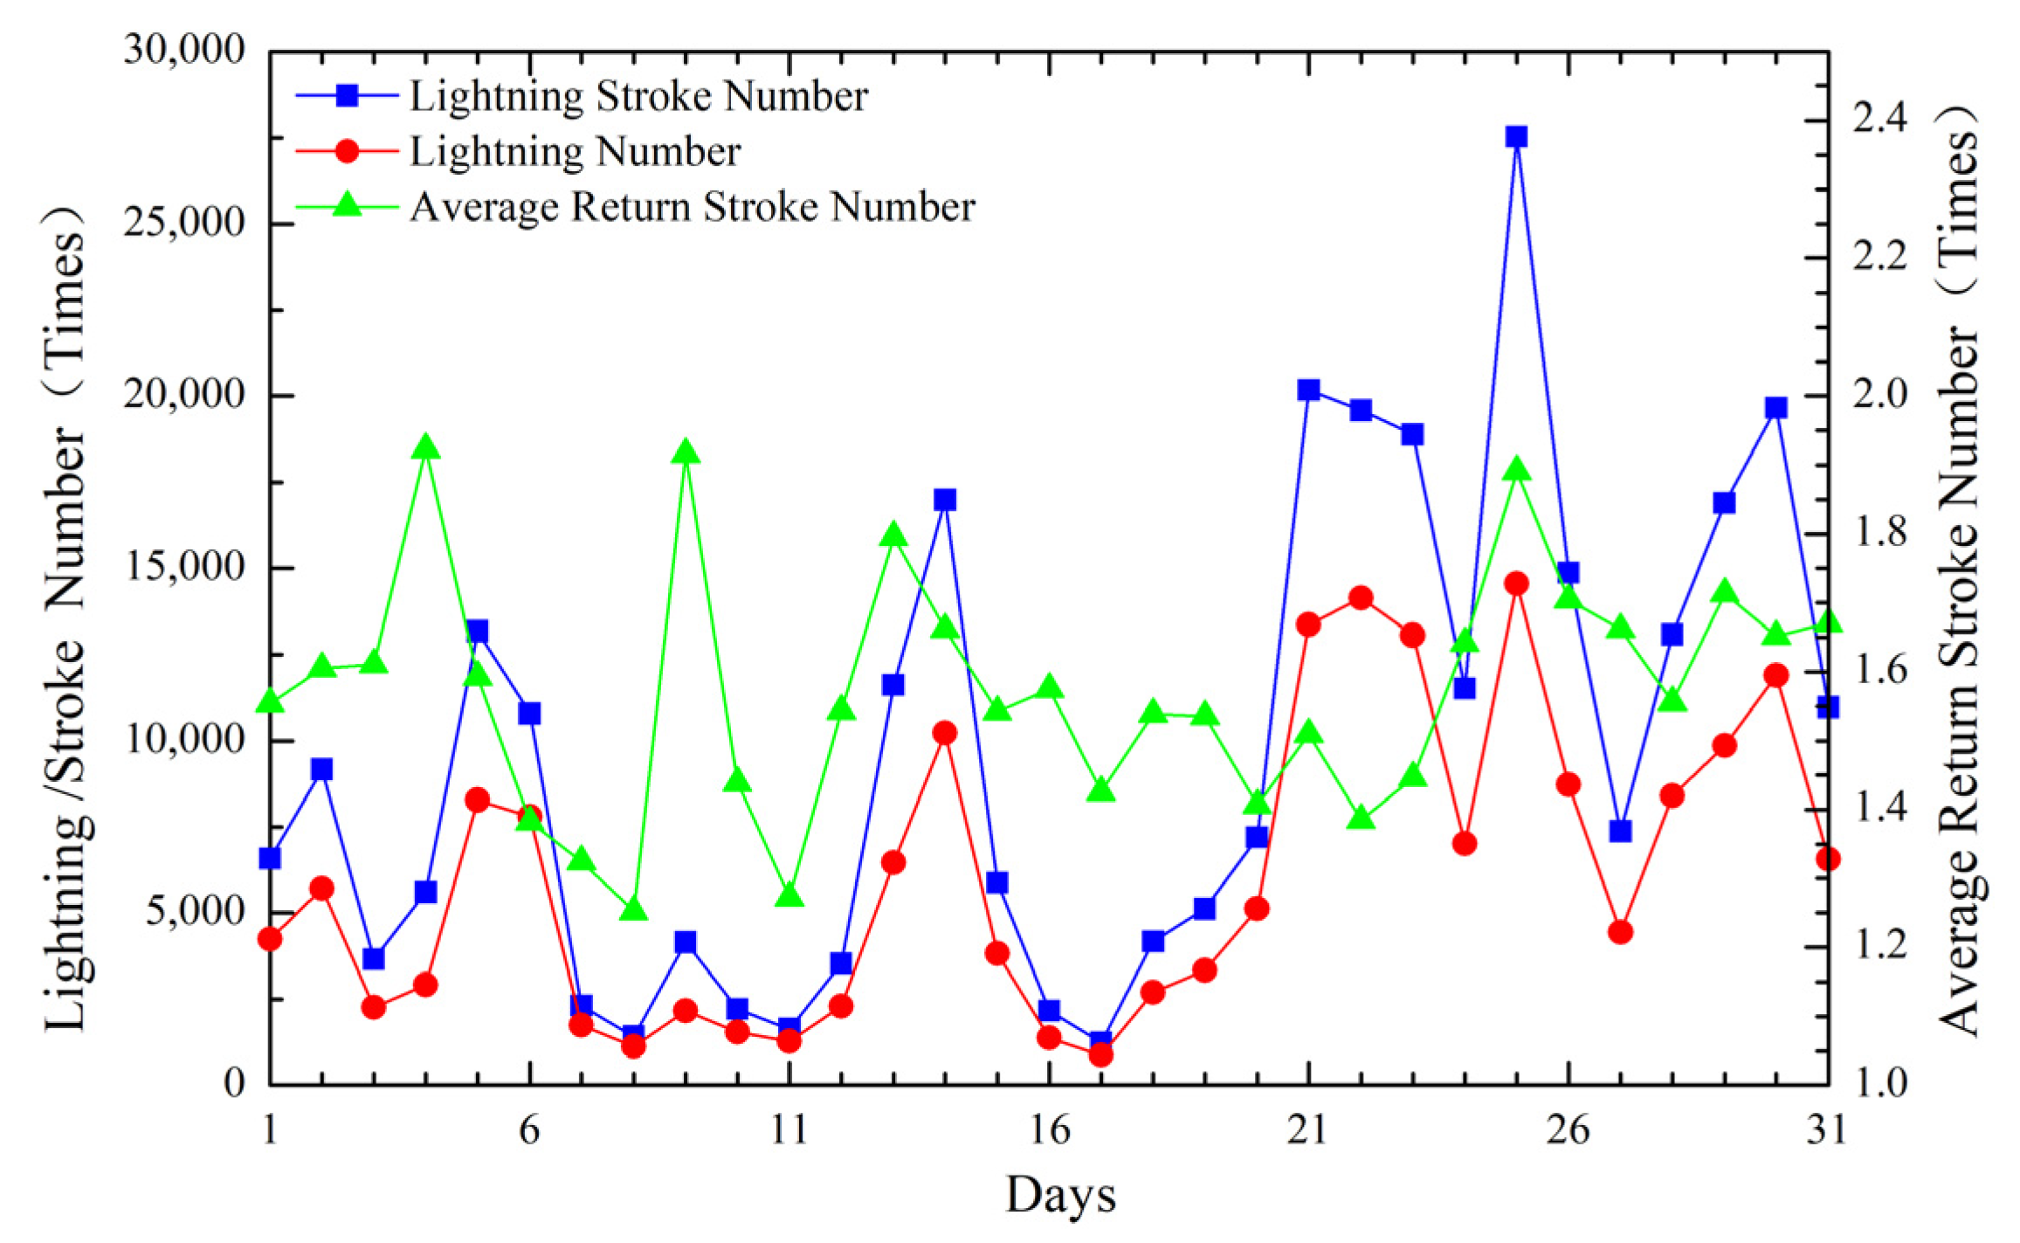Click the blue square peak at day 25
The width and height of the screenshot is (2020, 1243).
(1516, 137)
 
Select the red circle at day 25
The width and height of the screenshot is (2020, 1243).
(1516, 584)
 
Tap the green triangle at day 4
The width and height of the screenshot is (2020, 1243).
(425, 447)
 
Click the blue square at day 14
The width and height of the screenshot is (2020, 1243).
(945, 500)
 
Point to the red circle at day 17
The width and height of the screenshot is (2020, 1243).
(1101, 1055)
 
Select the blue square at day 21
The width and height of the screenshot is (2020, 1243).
(1308, 390)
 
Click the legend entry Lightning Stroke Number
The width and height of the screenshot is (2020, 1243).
(638, 96)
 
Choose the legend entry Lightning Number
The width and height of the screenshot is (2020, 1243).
(575, 152)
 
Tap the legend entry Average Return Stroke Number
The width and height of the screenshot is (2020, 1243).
(692, 207)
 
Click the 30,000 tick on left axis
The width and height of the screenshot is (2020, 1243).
(185, 50)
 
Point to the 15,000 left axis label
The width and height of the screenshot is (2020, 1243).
(185, 567)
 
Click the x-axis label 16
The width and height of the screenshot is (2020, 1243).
(1049, 1130)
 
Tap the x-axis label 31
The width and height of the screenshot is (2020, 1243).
(1828, 1130)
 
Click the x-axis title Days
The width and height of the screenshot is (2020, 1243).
(1060, 1195)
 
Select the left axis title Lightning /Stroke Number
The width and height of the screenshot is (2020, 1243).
(66, 620)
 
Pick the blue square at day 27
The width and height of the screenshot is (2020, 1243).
(1620, 831)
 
